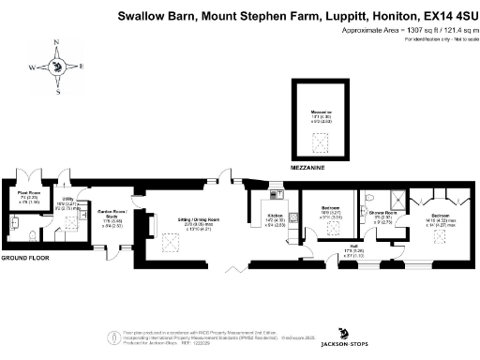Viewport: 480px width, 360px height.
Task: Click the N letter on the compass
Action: (57, 43)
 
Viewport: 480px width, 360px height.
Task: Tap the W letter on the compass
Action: (31, 68)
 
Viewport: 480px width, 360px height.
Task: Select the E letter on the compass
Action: (81, 66)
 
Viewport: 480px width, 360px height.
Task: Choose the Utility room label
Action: (68, 199)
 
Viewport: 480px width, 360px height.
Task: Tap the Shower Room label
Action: (381, 215)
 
